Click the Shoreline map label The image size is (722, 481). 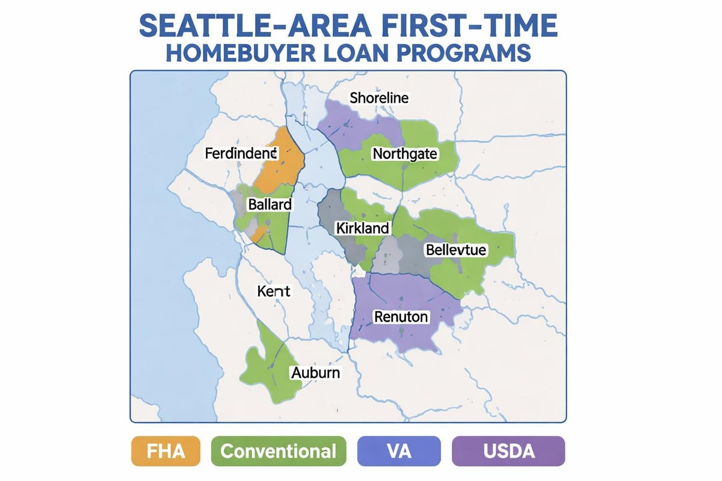(379, 97)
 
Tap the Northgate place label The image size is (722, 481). (405, 154)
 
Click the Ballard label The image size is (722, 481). (270, 204)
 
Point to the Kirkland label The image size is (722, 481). (363, 228)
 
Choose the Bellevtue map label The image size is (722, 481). (455, 250)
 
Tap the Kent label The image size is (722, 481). (274, 292)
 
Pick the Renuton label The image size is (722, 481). (401, 316)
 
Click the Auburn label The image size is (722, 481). (315, 373)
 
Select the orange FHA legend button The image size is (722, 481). (165, 451)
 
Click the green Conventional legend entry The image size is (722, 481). (279, 451)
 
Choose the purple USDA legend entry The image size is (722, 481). (508, 451)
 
